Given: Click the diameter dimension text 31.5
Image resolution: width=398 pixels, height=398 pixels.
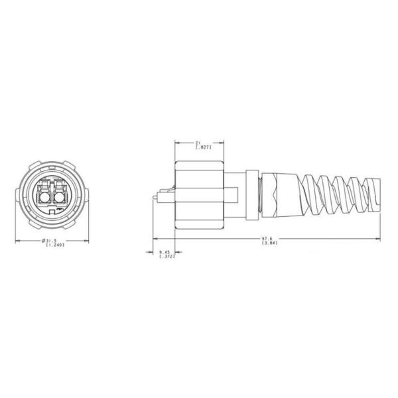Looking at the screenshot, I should click(x=50, y=240).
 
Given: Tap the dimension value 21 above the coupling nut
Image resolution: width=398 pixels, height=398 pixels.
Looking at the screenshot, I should click(x=198, y=143).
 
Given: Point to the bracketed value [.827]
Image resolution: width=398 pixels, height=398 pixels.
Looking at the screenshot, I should click(x=199, y=148).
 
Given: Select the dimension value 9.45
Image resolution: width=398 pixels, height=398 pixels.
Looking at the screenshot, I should click(x=164, y=251).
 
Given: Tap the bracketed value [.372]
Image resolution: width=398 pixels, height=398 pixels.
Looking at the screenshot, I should click(x=164, y=257).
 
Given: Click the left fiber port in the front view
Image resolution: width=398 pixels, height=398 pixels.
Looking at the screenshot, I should click(x=43, y=194).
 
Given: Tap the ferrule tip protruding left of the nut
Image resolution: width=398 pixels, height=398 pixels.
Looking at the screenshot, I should click(x=157, y=196).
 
